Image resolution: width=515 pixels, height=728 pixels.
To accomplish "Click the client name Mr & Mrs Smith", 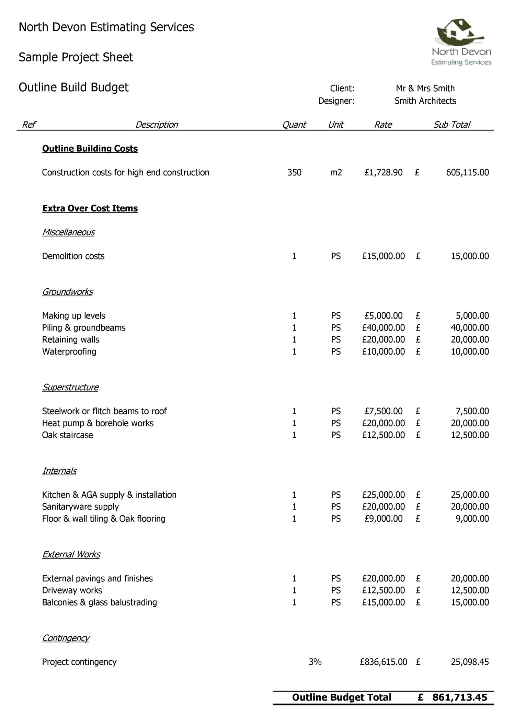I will tap(425, 89).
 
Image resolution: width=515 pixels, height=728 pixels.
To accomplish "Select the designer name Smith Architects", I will tap(425, 101).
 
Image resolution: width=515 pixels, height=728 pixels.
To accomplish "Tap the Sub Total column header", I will tap(451, 125).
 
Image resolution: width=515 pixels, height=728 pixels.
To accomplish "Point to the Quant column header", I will tap(294, 125).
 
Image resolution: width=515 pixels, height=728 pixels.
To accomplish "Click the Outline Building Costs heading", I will tap(90, 149).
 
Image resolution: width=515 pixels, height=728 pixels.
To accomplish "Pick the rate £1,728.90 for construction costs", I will tap(384, 172).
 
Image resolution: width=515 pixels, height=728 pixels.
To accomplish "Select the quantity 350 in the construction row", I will tap(294, 172).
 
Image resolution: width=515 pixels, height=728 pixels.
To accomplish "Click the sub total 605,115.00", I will tap(467, 172).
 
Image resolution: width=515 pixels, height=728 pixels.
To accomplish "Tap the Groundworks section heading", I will tap(67, 292).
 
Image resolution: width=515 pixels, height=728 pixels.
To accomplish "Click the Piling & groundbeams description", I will tap(84, 328).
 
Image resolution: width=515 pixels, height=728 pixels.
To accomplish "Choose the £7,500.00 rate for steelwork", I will tap(384, 411).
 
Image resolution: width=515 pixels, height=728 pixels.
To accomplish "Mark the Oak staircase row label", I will tap(68, 435).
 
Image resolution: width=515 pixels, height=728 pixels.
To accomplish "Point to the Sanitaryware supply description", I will tap(80, 507).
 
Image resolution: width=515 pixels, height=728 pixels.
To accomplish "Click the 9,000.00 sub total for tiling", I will tap(472, 519).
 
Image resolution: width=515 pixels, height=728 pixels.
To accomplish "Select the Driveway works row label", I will tap(72, 590).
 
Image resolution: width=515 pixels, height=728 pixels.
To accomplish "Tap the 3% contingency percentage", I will tap(315, 662).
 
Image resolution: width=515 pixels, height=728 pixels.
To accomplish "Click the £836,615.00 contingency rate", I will tap(384, 662).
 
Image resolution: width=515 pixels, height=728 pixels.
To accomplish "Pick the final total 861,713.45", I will tap(459, 697).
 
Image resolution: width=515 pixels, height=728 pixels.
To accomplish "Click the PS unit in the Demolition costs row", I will tap(336, 256).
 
